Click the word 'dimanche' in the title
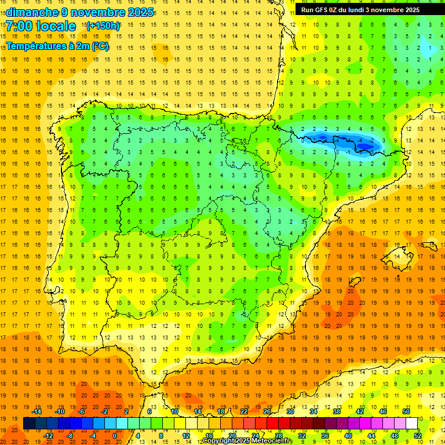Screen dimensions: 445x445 pos(32,12)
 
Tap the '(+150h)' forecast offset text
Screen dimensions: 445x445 pos(103,25)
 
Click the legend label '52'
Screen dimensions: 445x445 pos(418,436)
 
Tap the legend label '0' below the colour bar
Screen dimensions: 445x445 pos(115,436)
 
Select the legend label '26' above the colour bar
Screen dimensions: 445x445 pos(267,411)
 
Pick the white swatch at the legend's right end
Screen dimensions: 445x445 pos(411,424)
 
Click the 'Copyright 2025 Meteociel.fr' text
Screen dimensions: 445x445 pos(247,441)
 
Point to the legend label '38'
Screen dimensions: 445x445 pos(337,411)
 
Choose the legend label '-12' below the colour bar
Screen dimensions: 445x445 pos(49,436)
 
